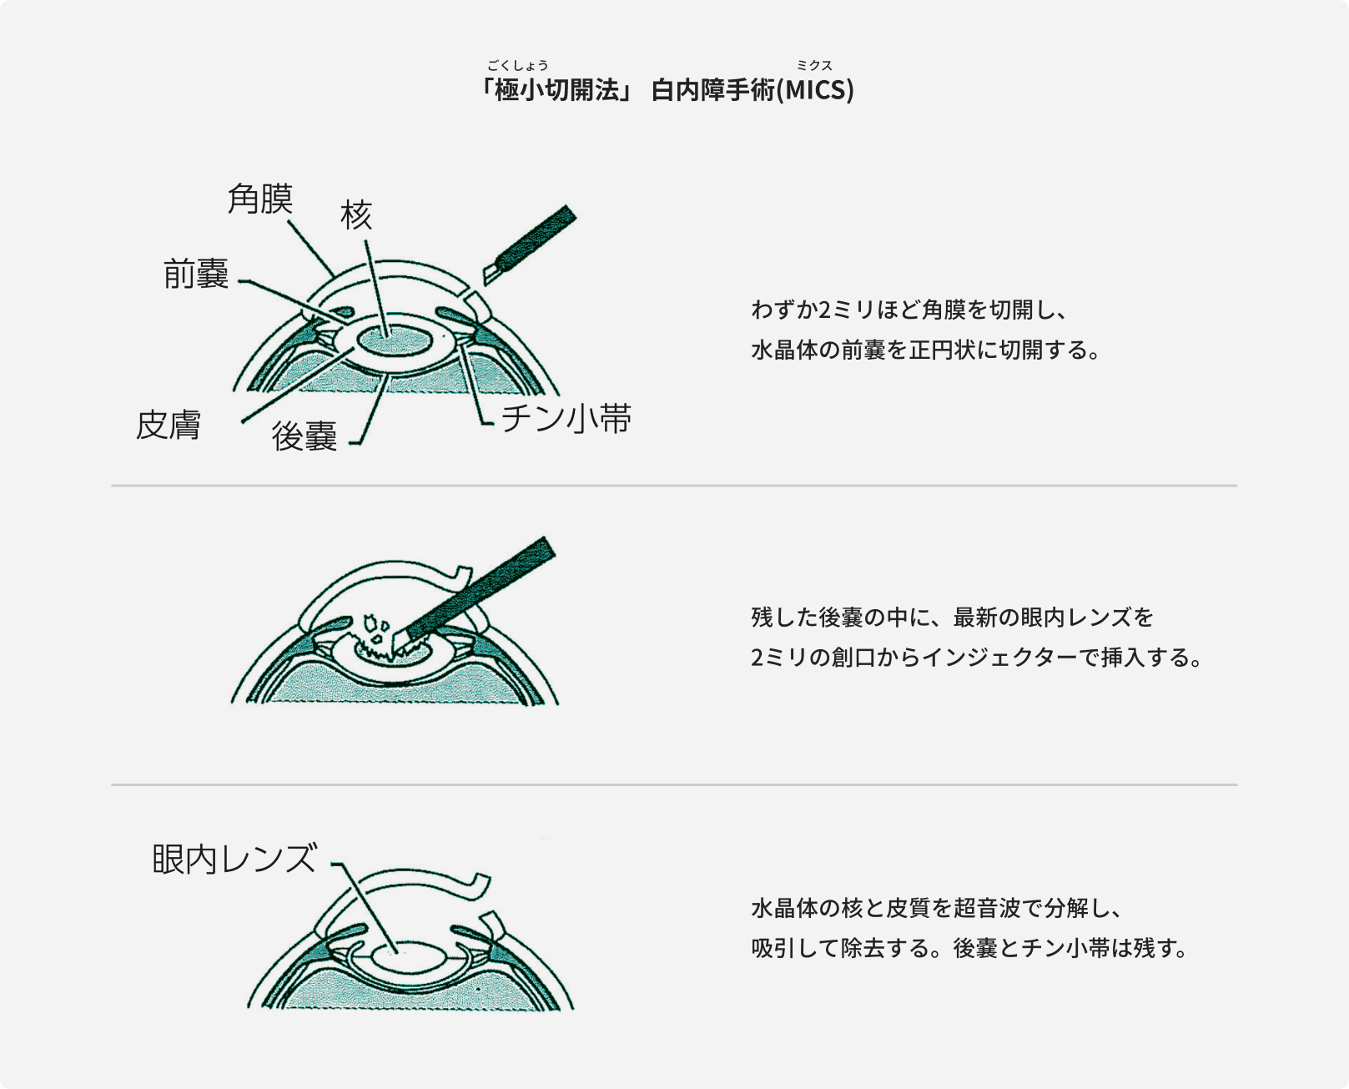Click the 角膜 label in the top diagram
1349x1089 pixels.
(x=260, y=199)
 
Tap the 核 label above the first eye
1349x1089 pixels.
(x=356, y=215)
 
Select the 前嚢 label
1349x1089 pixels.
(x=196, y=274)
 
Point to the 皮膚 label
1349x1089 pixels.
(x=169, y=426)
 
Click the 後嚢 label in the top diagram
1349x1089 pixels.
(x=305, y=436)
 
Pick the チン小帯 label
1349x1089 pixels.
(x=566, y=419)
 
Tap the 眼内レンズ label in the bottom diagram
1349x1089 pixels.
(x=234, y=859)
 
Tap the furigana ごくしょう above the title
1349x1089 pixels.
(x=517, y=65)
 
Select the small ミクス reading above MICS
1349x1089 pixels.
(x=814, y=65)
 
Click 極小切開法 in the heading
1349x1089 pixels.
(x=557, y=90)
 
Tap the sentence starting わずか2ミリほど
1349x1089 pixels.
(x=909, y=310)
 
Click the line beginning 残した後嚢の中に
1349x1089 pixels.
(x=952, y=618)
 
